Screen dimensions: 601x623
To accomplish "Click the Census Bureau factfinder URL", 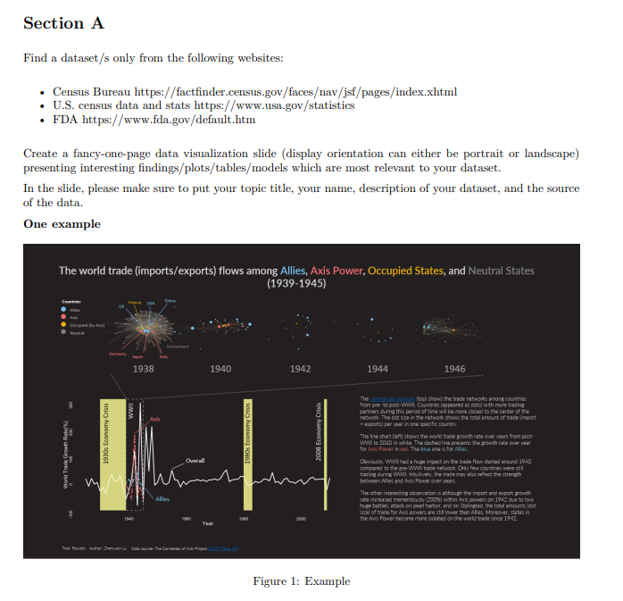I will pos(295,92).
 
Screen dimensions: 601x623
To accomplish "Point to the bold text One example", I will pos(62,223).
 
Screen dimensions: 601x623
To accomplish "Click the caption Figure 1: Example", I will pos(301,581).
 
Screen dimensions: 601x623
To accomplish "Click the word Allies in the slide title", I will pos(293,271).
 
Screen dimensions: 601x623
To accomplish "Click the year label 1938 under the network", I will pos(144,368).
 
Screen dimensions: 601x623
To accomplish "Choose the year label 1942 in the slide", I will pos(301,368).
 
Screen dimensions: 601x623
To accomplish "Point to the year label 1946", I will pos(454,368).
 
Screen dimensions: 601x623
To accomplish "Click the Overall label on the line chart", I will pos(195,461).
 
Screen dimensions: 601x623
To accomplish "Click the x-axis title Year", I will pos(209,523).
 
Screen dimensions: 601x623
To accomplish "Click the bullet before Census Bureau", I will pos(44,93).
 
